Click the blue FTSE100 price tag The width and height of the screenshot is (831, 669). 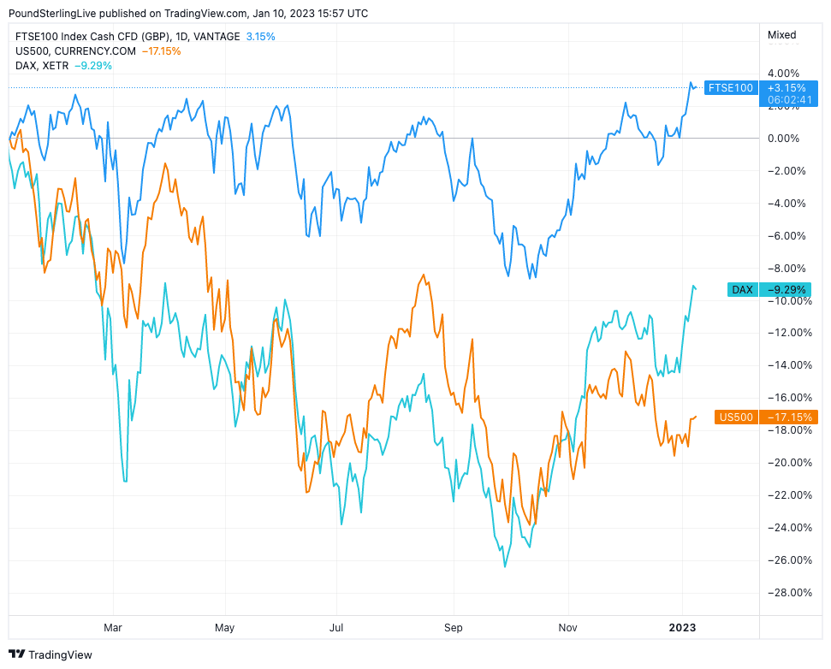click(x=731, y=87)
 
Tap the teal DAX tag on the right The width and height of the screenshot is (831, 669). click(x=742, y=289)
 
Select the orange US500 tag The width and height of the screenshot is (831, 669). click(x=736, y=417)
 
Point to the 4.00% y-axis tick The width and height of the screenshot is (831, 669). click(x=782, y=74)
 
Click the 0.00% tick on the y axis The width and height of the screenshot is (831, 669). click(x=782, y=139)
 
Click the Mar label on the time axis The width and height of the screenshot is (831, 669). click(x=112, y=627)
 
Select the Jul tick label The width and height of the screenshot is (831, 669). click(x=336, y=627)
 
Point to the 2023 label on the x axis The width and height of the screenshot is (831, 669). click(x=682, y=627)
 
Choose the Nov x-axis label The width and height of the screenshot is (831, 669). click(x=567, y=627)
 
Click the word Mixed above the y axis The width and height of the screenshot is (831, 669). click(x=782, y=35)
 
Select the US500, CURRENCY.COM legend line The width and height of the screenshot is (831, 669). click(x=75, y=51)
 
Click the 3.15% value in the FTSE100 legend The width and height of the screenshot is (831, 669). click(x=260, y=37)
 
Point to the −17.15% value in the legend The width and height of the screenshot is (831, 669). click(x=163, y=51)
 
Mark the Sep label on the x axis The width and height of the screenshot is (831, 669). click(x=453, y=627)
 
